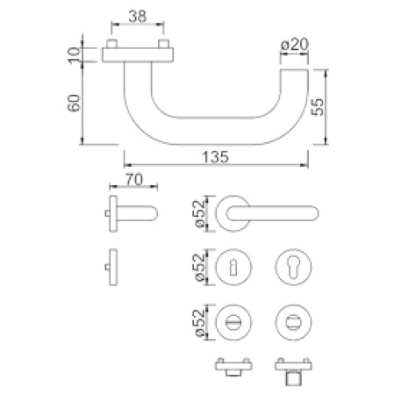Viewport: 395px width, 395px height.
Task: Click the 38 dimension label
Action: point(138,17)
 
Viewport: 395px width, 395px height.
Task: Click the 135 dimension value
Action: point(216,157)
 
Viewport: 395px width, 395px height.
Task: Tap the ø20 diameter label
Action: point(295,45)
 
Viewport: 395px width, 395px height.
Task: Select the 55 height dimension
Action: point(318,107)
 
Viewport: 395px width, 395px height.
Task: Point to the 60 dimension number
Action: point(74,103)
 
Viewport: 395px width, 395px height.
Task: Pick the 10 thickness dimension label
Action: point(74,54)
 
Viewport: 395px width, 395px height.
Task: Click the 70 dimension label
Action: point(134,180)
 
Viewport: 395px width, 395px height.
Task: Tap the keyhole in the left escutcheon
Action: point(233,268)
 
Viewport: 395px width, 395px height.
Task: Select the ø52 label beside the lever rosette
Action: point(201,213)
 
